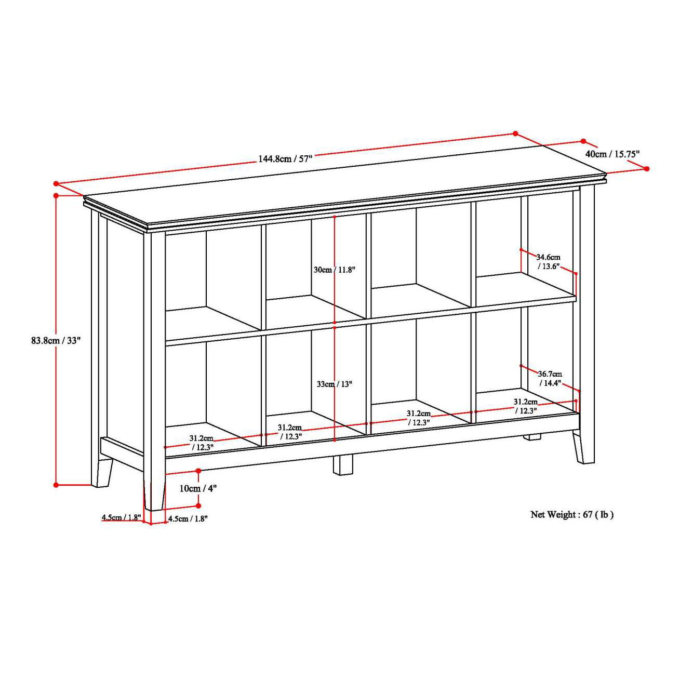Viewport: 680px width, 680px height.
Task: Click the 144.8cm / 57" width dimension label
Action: tap(285, 159)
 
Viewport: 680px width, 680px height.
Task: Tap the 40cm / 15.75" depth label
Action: tap(612, 154)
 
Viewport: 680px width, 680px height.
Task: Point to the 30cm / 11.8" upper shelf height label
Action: tap(334, 270)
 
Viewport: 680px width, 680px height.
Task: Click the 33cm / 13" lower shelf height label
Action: tap(334, 384)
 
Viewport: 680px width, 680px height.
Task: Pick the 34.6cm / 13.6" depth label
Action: tap(549, 261)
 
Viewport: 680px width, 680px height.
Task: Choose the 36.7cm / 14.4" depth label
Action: tap(550, 378)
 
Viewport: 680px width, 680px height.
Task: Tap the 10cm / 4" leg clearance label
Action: tap(198, 488)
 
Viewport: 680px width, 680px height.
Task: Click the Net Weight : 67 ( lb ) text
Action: tap(571, 515)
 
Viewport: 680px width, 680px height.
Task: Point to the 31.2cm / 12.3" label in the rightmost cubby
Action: tap(526, 406)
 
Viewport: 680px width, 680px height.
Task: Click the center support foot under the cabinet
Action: tap(343, 465)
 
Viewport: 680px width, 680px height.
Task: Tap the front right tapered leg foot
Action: tap(584, 452)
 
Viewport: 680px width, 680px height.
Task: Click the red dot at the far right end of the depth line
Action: tap(647, 168)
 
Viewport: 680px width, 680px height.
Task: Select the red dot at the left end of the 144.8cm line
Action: tap(56, 183)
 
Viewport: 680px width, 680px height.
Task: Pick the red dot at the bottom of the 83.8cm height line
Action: tap(56, 485)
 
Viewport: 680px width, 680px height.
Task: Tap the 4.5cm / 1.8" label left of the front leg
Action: tap(121, 517)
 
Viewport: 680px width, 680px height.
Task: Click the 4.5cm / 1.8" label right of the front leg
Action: tap(188, 518)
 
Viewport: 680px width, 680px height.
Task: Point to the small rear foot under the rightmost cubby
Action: tap(531, 437)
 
